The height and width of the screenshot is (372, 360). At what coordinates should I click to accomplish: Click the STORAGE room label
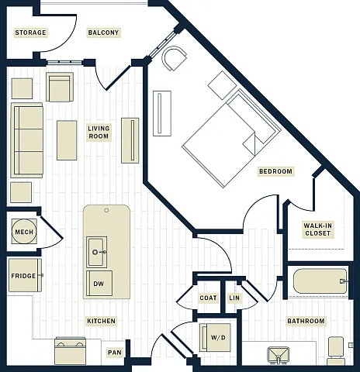[x=30, y=33]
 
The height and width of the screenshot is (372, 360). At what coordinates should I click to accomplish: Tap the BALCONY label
[x=103, y=33]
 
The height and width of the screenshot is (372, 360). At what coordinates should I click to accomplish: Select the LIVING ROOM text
[x=99, y=133]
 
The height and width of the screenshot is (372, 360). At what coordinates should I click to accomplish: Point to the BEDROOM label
[x=275, y=171]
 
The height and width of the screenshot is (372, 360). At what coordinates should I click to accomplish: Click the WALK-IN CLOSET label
[x=317, y=229]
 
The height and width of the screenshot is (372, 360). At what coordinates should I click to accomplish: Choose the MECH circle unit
[x=24, y=232]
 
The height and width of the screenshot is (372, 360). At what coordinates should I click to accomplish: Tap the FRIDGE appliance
[x=25, y=275]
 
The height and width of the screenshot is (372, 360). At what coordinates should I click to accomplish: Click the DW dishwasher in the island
[x=99, y=284]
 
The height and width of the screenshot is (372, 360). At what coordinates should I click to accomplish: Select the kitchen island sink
[x=96, y=252]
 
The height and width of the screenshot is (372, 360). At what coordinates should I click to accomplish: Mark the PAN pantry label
[x=115, y=353]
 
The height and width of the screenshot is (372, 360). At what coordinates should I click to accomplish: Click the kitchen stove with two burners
[x=71, y=351]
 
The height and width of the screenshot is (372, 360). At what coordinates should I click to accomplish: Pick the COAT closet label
[x=208, y=298]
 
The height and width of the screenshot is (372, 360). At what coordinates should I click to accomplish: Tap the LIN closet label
[x=234, y=298]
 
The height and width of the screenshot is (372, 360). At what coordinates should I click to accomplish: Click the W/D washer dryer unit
[x=215, y=337]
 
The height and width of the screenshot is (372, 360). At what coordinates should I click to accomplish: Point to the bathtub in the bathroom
[x=320, y=281]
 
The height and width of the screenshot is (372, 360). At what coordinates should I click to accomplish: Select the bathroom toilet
[x=336, y=350]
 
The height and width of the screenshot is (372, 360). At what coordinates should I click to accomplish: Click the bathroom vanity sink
[x=278, y=355]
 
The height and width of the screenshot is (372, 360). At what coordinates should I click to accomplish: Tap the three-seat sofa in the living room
[x=26, y=140]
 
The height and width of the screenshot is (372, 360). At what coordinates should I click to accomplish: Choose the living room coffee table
[x=67, y=140]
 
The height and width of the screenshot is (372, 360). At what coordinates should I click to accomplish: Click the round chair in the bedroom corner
[x=174, y=58]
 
